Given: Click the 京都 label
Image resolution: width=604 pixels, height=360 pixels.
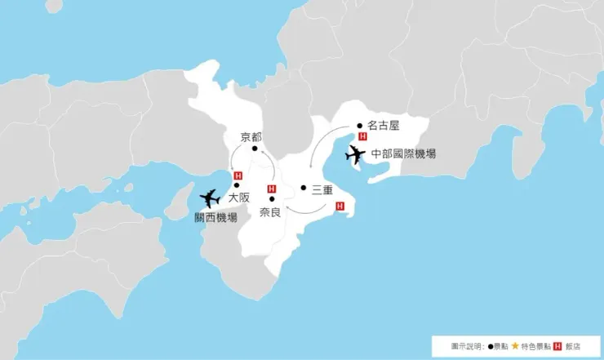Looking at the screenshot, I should (251, 136).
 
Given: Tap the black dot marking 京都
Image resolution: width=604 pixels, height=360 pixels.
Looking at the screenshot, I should (255, 149).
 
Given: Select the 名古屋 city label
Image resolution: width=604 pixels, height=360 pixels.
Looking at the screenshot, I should (383, 126).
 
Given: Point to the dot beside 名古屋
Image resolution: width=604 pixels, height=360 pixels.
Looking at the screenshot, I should (360, 126).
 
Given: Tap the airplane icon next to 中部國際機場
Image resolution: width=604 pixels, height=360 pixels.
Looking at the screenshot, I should (356, 153).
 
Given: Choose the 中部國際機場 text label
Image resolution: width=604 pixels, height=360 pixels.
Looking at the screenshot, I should (403, 153).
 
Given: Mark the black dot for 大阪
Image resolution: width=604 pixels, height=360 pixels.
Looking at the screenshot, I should (238, 185).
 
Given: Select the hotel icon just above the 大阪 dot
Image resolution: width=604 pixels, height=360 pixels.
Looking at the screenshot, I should (238, 176).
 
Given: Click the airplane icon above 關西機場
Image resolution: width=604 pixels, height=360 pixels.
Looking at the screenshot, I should (210, 198).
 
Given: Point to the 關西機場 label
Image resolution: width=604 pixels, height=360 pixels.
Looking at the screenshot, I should (215, 218).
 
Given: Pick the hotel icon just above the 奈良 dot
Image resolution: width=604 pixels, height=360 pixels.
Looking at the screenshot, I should (271, 189).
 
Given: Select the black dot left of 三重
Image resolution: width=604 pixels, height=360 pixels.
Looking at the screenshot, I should (303, 188).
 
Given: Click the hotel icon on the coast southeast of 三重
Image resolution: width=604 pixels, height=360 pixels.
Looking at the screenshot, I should (340, 206).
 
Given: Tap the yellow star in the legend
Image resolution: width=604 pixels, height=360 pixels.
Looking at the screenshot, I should (515, 346).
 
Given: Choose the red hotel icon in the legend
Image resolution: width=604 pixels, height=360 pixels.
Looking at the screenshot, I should (558, 346).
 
